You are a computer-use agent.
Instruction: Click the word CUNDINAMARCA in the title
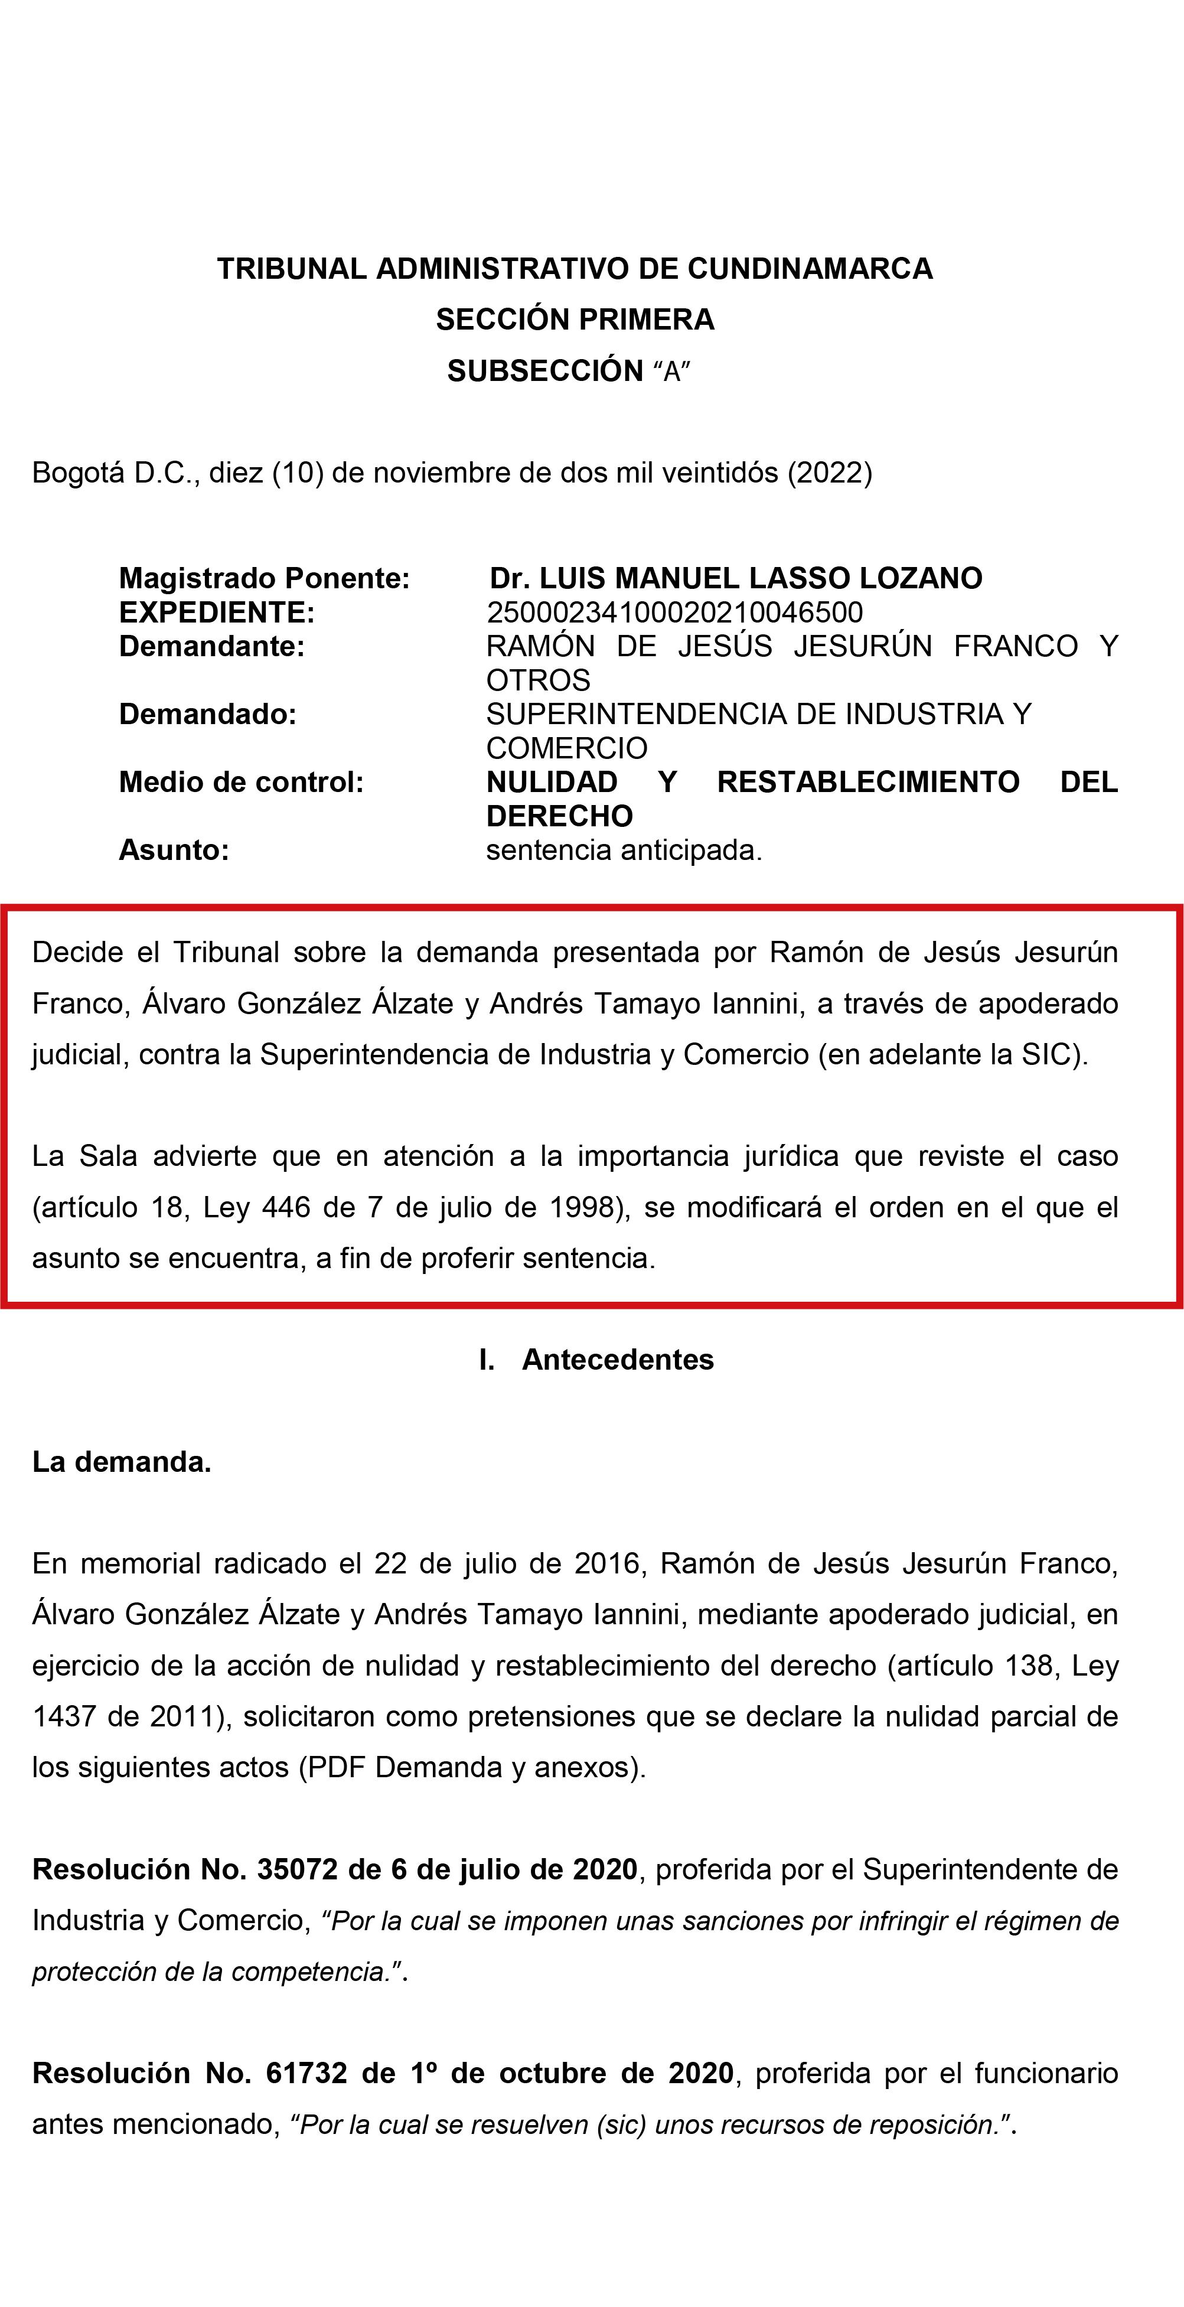(x=810, y=269)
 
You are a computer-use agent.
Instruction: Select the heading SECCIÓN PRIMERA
(x=575, y=320)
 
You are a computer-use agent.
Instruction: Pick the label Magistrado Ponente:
(x=264, y=579)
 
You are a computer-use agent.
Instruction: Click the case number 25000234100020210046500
(x=674, y=612)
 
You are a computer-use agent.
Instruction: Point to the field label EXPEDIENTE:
(x=217, y=612)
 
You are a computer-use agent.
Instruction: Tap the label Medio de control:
(x=241, y=783)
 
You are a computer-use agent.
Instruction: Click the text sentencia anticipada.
(x=624, y=851)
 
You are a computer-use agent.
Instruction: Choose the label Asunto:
(x=174, y=851)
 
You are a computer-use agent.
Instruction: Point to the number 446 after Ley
(x=285, y=1208)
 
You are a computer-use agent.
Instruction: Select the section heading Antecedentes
(x=618, y=1360)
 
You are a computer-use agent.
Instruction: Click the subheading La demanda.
(x=122, y=1462)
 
